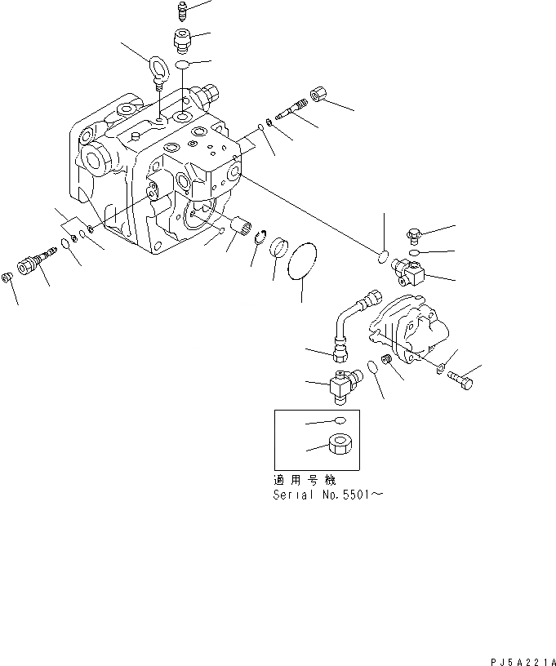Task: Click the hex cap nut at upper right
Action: point(318,97)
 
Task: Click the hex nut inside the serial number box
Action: point(338,448)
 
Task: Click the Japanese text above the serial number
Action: point(304,480)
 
